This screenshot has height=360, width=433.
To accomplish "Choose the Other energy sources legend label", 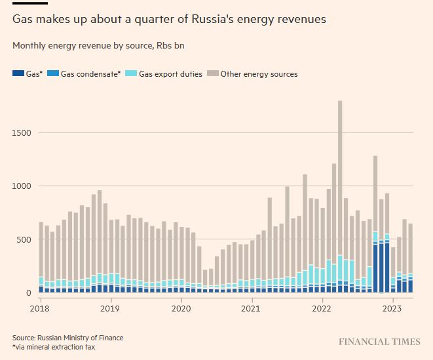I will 259,74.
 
